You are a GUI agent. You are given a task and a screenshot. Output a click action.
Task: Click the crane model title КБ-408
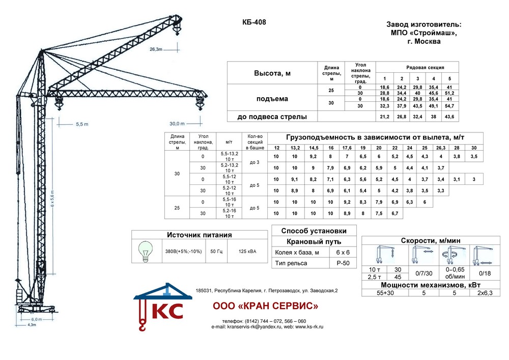(254, 22)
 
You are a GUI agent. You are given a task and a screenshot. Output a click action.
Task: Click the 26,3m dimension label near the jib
(156, 49)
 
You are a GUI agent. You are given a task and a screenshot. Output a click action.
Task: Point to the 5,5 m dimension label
(82, 124)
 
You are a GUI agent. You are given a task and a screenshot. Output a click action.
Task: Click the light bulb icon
(146, 251)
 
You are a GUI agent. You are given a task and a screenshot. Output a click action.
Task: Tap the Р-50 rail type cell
(342, 263)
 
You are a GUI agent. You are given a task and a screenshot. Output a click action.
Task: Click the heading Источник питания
(200, 235)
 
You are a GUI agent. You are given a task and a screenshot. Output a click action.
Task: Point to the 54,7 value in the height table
(449, 106)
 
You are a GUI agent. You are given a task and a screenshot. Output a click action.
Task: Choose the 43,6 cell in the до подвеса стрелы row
(449, 117)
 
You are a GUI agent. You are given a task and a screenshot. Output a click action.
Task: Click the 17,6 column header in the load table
(347, 148)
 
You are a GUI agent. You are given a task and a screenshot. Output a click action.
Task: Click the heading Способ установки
(310, 230)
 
